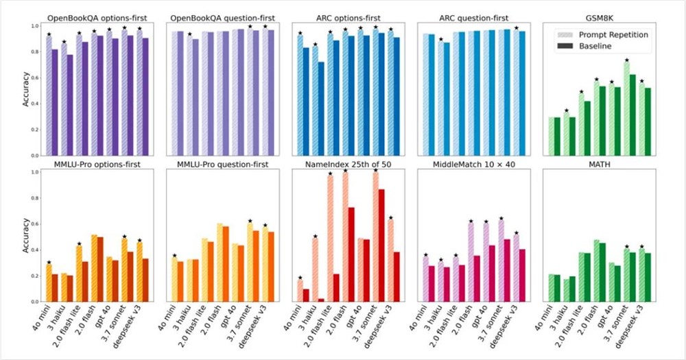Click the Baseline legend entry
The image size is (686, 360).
606,46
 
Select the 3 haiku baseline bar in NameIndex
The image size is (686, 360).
322,300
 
